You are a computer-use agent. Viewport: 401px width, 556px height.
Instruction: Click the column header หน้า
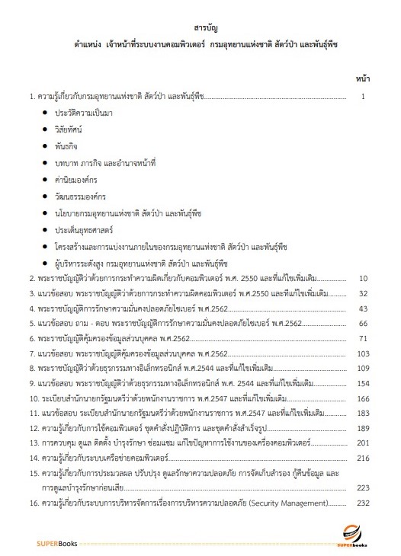tap(362, 78)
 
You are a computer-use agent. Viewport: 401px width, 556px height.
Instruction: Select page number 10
tap(364, 279)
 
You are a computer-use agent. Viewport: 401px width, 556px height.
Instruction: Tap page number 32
tap(364, 293)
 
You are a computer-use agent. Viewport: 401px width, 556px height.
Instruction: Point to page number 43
tap(364, 308)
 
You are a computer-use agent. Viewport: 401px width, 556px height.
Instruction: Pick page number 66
tap(364, 324)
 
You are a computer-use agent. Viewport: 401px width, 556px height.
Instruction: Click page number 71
tap(364, 338)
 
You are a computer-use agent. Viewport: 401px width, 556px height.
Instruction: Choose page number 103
tap(362, 353)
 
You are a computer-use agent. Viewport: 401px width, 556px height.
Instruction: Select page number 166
tap(362, 398)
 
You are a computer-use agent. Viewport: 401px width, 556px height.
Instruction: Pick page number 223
tap(362, 488)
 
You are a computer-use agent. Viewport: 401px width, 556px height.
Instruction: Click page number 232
tap(362, 503)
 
